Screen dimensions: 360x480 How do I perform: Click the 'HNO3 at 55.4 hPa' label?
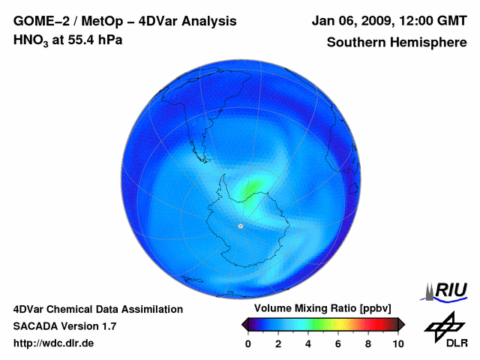pyautogui.click(x=68, y=40)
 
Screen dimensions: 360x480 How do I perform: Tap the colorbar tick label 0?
pyautogui.click(x=248, y=343)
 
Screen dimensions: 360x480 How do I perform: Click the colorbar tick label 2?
pyautogui.click(x=278, y=343)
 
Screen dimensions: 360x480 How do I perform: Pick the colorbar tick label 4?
pyautogui.click(x=308, y=343)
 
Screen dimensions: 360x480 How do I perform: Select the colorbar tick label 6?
pyautogui.click(x=338, y=343)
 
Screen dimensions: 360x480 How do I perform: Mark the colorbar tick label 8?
pyautogui.click(x=368, y=343)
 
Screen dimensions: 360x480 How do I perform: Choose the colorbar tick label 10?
pyautogui.click(x=397, y=343)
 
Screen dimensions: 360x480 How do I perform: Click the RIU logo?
pyautogui.click(x=448, y=290)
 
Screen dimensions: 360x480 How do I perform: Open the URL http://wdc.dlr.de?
pyautogui.click(x=54, y=343)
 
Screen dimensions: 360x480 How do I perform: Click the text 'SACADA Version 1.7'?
pyautogui.click(x=64, y=326)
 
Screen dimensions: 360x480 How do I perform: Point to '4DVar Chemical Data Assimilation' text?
pyautogui.click(x=97, y=309)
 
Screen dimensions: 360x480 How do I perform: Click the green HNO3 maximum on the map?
pyautogui.click(x=251, y=187)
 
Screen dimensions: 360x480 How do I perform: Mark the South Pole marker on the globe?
pyautogui.click(x=240, y=225)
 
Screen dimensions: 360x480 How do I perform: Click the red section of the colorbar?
pyautogui.click(x=371, y=324)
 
